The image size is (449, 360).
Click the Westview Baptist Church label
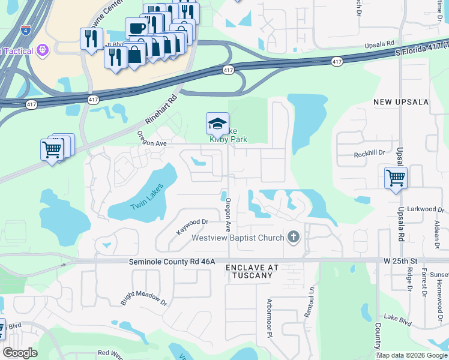point(237,238)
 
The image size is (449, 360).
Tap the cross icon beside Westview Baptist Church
point(293,237)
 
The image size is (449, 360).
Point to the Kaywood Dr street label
point(192,226)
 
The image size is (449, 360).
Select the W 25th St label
point(400,262)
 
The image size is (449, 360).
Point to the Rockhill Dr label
point(369,154)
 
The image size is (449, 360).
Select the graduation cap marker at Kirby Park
point(217,124)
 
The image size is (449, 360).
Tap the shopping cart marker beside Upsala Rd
point(396,178)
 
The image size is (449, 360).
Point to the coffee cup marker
point(136,28)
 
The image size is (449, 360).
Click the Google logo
point(20,353)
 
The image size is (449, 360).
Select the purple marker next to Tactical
point(42,50)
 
